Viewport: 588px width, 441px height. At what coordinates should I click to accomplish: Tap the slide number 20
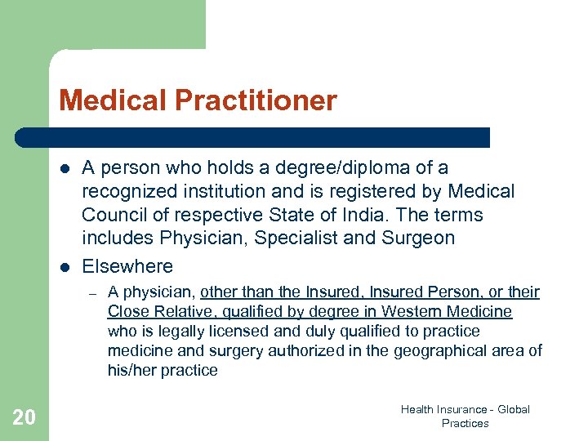point(24,418)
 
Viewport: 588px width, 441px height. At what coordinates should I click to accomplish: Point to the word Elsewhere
point(127,266)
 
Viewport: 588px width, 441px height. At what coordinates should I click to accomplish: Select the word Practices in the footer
point(465,423)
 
